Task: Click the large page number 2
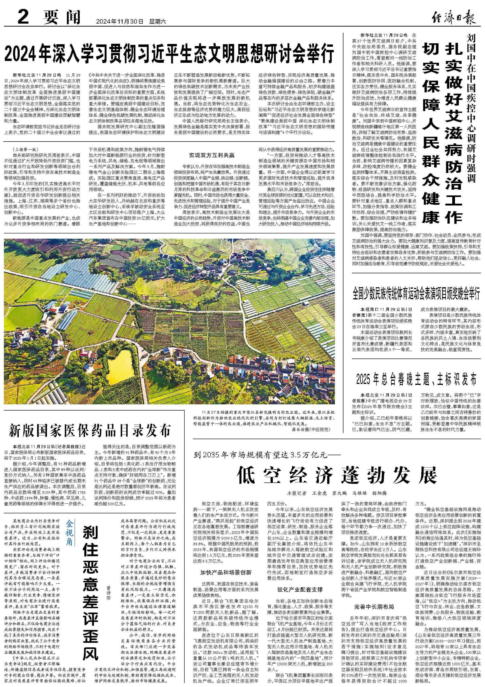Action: pyautogui.click(x=23, y=17)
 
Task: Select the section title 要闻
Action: pyautogui.click(x=62, y=18)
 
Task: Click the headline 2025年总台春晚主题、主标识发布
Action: pyautogui.click(x=416, y=379)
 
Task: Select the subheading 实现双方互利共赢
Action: pyautogui.click(x=212, y=155)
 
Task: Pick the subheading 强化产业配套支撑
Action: pyautogui.click(x=299, y=589)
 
